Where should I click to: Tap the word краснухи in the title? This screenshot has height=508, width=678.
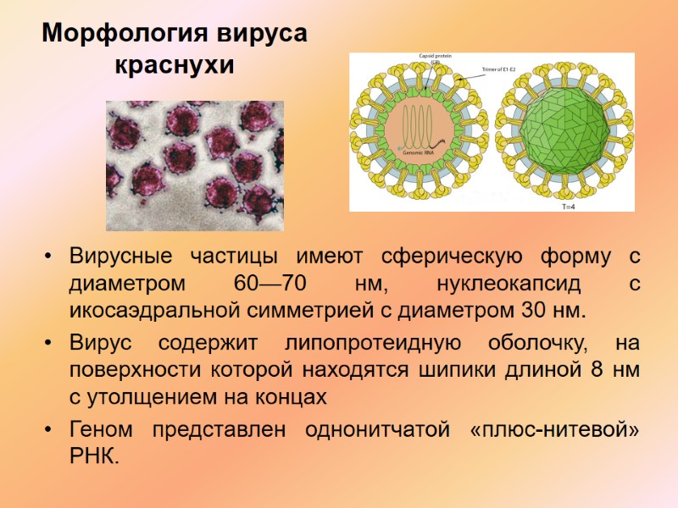174,64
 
